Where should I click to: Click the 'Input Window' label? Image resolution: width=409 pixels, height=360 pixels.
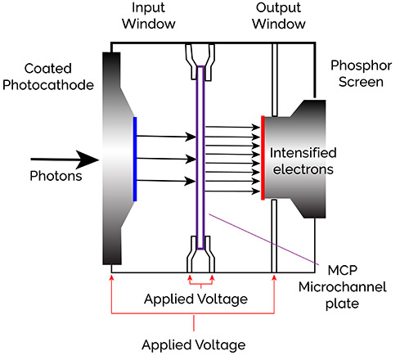coord(149,16)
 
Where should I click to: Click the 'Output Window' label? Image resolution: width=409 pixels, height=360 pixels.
coord(278,16)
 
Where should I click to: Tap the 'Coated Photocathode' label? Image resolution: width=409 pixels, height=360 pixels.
coord(48,77)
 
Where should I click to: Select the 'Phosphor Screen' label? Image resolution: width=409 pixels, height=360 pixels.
coord(361,74)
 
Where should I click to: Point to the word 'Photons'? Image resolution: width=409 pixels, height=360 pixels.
coord(56,176)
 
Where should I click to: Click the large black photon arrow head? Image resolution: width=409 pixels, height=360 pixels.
coord(88,160)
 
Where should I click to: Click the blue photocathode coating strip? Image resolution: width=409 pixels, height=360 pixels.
coord(135,159)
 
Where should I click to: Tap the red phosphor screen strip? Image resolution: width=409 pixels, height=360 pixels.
coord(263,158)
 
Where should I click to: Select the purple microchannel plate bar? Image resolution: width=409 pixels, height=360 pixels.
coord(200,158)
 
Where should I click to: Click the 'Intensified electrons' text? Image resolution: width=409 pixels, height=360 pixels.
coord(303,161)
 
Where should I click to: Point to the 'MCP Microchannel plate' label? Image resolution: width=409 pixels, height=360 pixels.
coord(343,287)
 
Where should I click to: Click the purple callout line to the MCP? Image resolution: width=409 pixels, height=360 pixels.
coord(263,240)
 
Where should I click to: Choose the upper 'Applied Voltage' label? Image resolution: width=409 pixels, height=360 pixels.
coord(196,299)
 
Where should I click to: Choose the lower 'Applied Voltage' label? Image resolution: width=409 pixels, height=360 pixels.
coord(194,345)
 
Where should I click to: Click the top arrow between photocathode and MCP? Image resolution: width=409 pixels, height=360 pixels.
coord(166,137)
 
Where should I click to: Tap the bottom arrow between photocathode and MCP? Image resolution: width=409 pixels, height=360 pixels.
coord(166,181)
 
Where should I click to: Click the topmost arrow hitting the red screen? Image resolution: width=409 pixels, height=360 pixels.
coord(232,127)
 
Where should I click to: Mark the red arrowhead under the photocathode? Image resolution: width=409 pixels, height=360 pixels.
coord(111,277)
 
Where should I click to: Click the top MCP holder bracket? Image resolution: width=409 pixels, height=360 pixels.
coord(200,62)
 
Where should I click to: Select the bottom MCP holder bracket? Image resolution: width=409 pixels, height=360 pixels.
coord(200,254)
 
